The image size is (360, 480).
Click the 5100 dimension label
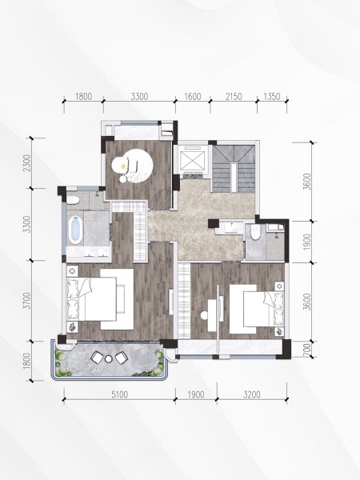pyautogui.click(x=119, y=394)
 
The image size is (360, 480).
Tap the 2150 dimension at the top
pyautogui.click(x=234, y=97)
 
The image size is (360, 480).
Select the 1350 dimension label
pyautogui.click(x=272, y=97)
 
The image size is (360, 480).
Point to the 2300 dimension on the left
pyautogui.click(x=27, y=163)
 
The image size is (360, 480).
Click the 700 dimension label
pyautogui.click(x=308, y=349)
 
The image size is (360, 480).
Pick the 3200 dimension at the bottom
pyautogui.click(x=252, y=394)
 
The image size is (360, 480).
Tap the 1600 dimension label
pyautogui.click(x=193, y=97)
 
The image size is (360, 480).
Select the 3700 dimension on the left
pyautogui.click(x=27, y=301)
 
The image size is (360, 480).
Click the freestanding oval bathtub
pyautogui.click(x=75, y=230)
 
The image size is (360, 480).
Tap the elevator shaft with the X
pyautogui.click(x=190, y=159)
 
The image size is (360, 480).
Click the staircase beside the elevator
pyautogui.click(x=234, y=168)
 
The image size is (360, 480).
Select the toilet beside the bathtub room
pyautogui.click(x=73, y=200)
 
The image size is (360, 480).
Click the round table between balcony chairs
pyautogui.click(x=109, y=358)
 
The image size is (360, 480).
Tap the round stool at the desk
pyautogui.click(x=205, y=315)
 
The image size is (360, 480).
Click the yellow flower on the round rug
pyautogui.click(x=123, y=166)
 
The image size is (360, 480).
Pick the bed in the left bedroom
pyautogui.click(x=92, y=299)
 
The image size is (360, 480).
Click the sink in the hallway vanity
pyautogui.click(x=232, y=227)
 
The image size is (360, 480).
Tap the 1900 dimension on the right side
pyautogui.click(x=308, y=242)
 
